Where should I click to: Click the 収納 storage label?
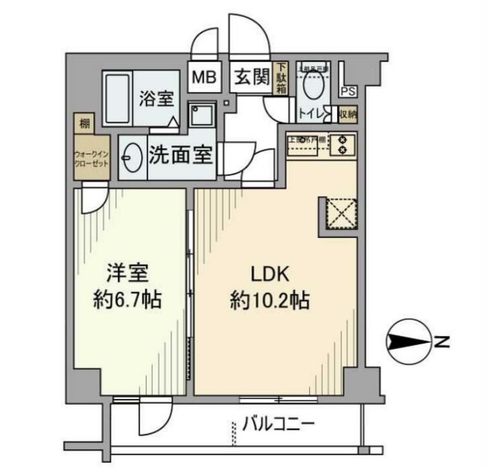(x=348, y=114)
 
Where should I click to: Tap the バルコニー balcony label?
(x=278, y=424)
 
